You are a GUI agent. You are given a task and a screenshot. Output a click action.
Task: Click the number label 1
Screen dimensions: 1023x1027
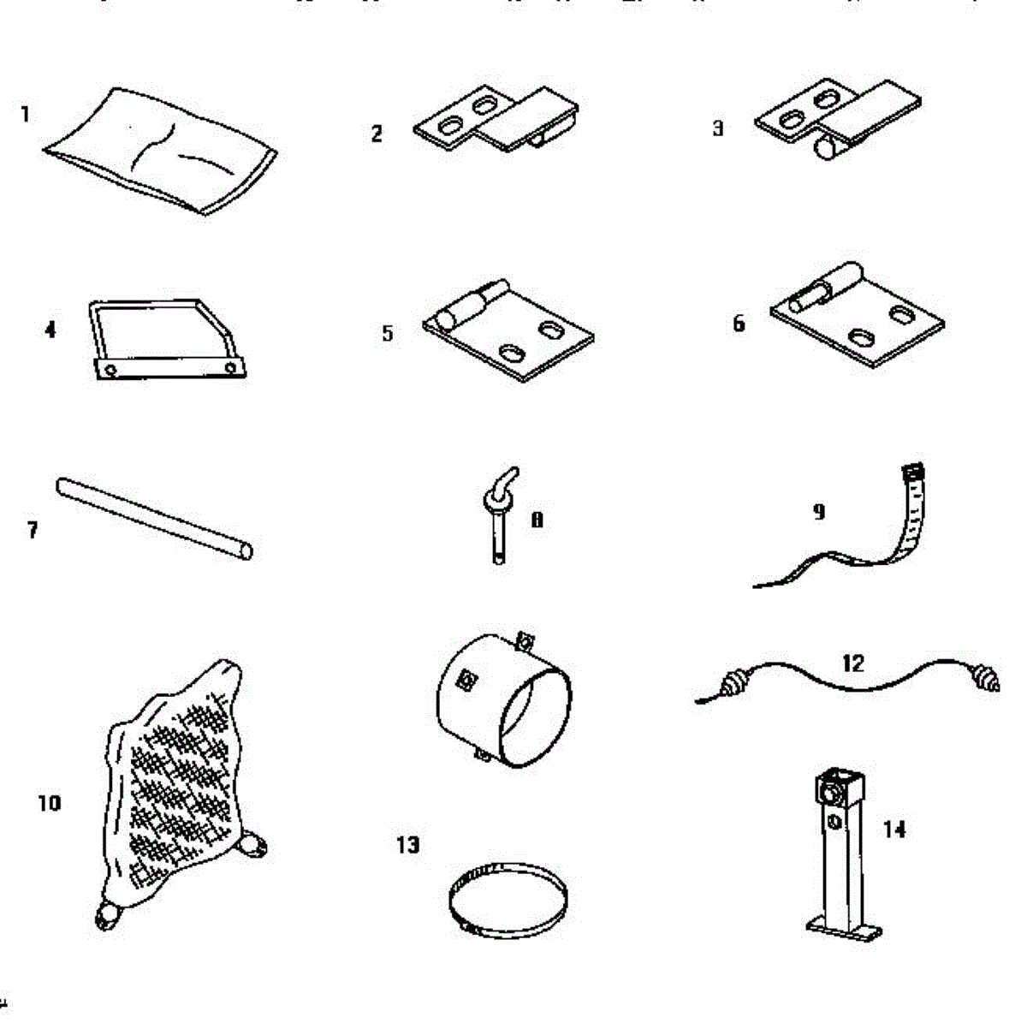click(x=26, y=114)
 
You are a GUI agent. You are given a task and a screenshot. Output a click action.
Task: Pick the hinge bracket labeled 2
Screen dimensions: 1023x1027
click(x=496, y=120)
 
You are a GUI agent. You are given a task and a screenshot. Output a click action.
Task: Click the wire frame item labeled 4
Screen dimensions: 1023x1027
click(x=167, y=338)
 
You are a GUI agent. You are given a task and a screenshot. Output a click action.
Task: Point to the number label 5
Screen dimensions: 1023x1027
click(x=388, y=333)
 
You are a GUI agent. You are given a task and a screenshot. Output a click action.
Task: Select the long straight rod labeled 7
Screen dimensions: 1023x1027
click(x=154, y=518)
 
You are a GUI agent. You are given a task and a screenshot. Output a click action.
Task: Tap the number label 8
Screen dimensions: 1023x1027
click(x=537, y=520)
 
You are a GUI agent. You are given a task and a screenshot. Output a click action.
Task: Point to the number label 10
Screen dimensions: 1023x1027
click(x=50, y=803)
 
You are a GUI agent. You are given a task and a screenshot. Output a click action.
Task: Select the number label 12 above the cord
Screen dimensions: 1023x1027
click(x=853, y=663)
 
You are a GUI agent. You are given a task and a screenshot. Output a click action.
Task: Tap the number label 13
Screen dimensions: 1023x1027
click(x=408, y=845)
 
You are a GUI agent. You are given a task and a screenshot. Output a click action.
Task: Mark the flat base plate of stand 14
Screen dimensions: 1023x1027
click(x=844, y=926)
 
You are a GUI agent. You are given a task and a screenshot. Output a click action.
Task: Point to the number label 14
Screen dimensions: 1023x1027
click(x=894, y=829)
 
